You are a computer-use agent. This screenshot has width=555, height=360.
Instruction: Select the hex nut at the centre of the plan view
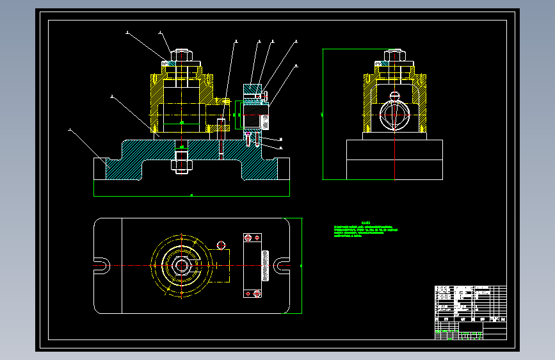coord(182,265)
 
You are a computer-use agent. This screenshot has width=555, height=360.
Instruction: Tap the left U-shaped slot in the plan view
coord(102,265)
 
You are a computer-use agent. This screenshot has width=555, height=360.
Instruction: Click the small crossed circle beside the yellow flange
coord(221,245)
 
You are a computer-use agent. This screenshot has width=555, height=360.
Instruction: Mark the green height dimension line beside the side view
coord(323,114)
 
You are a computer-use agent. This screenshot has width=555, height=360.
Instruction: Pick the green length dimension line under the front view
coord(191,195)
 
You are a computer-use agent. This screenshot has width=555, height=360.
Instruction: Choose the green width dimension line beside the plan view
coord(302,265)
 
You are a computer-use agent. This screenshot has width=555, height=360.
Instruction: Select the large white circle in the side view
coord(395,115)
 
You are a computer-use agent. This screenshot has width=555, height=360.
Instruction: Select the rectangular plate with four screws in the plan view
coord(252,265)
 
